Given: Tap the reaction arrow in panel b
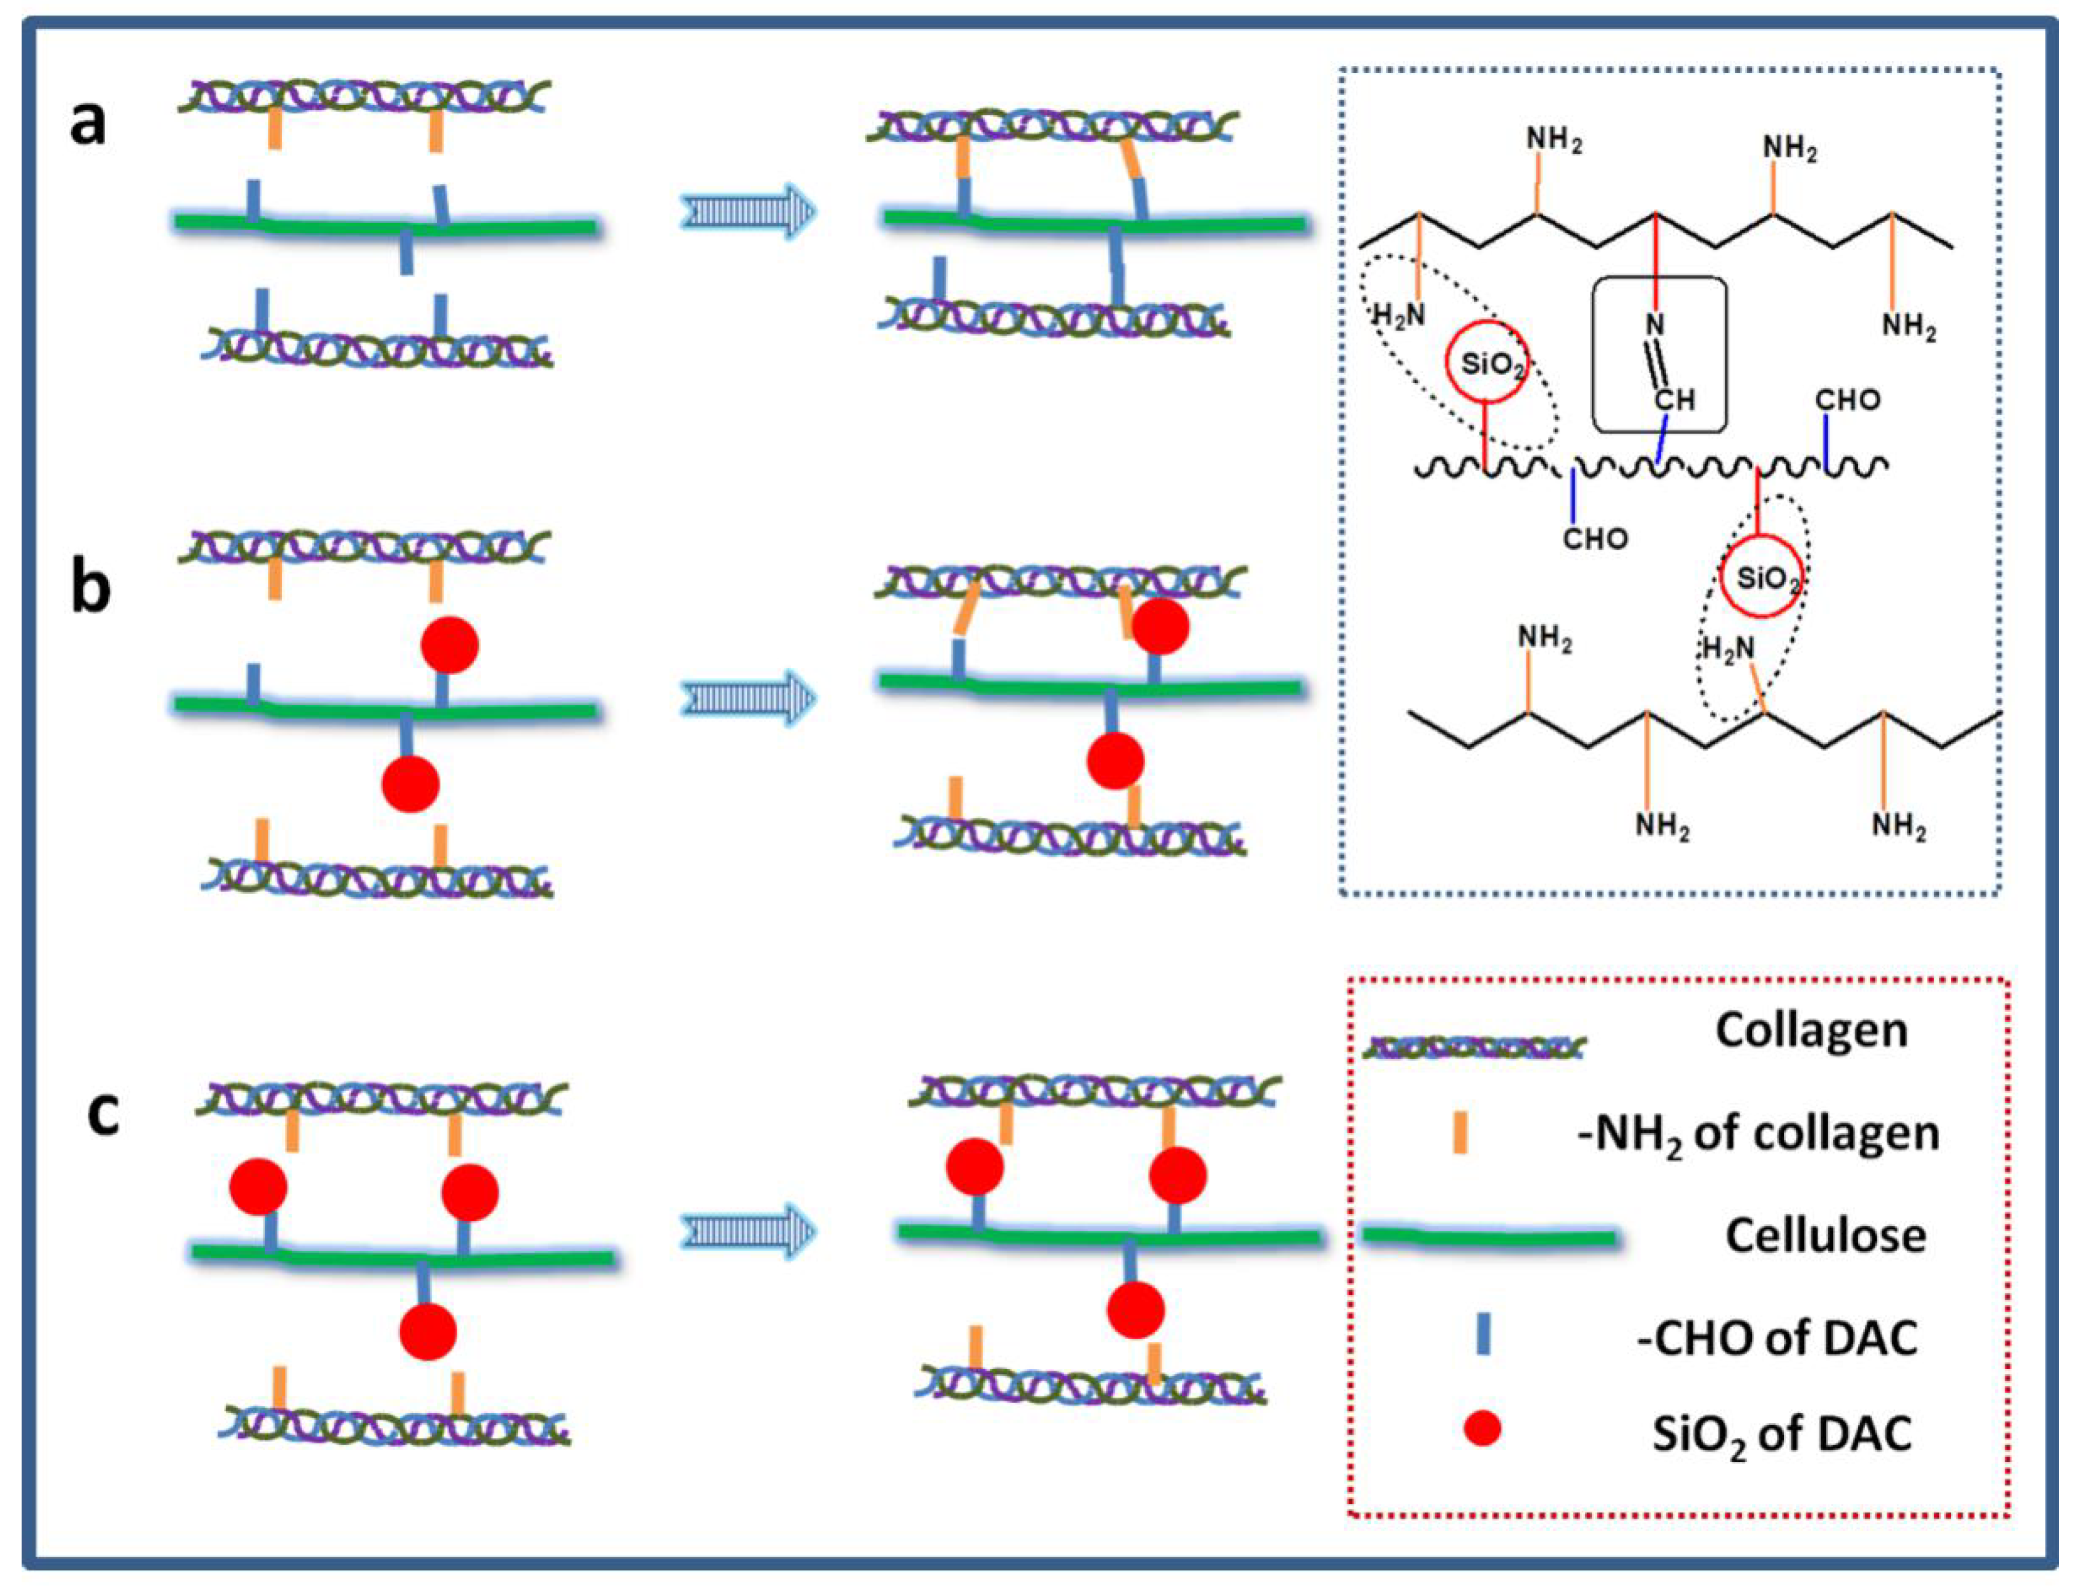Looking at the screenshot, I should pyautogui.click(x=747, y=699).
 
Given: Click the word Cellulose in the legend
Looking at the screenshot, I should pyautogui.click(x=1824, y=1236).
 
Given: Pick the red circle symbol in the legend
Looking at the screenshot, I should pyautogui.click(x=1482, y=1427).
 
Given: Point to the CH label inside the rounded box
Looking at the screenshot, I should pyautogui.click(x=1674, y=400).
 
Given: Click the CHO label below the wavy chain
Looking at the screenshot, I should pyautogui.click(x=1595, y=539).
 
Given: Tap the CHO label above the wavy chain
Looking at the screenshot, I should pyautogui.click(x=1847, y=400).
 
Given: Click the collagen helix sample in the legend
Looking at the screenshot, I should pyautogui.click(x=1474, y=1047).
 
